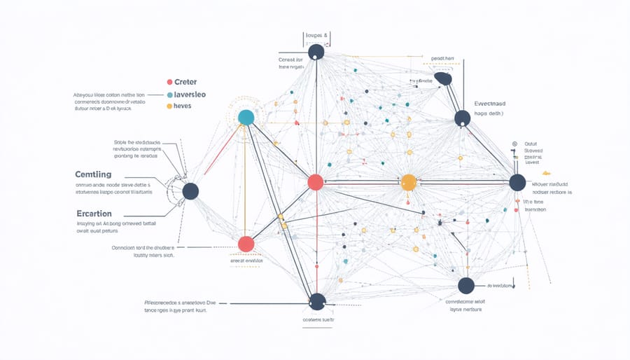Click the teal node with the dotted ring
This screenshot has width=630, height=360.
(246, 117)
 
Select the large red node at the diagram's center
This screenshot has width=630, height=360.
(316, 182)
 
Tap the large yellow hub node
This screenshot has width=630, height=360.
(409, 184)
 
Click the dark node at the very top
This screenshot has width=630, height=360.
(316, 52)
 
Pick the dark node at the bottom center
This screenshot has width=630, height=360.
(317, 301)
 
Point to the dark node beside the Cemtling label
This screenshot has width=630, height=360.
(190, 191)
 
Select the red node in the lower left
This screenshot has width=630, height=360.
(246, 244)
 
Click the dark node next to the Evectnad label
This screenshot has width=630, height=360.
(462, 118)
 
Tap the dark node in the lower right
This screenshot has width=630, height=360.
(466, 285)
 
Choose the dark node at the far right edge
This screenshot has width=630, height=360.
(517, 183)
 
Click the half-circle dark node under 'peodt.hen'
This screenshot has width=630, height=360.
(442, 79)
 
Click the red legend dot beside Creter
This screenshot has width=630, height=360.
(169, 81)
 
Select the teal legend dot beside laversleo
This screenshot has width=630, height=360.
(169, 94)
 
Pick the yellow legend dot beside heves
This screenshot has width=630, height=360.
(169, 106)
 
